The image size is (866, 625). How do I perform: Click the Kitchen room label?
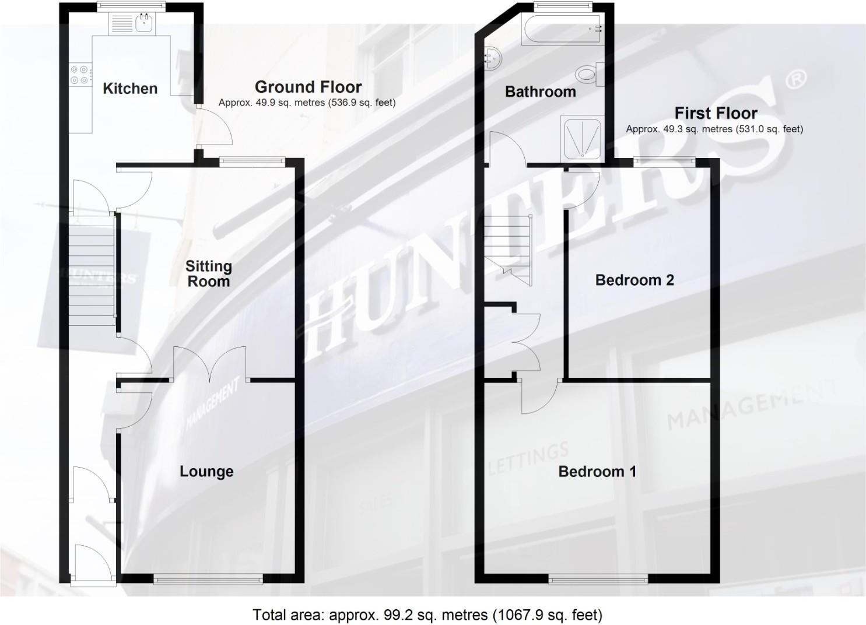[130, 89]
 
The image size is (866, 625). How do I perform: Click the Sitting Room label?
[208, 274]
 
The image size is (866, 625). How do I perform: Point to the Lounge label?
[206, 471]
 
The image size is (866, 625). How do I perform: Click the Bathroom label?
[540, 92]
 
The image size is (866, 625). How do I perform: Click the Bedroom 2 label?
[634, 280]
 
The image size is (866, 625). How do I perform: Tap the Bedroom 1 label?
[597, 471]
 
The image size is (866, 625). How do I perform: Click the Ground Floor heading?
[308, 87]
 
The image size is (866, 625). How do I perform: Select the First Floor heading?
[716, 113]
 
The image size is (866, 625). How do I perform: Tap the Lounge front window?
[208, 578]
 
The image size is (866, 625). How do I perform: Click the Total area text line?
[427, 615]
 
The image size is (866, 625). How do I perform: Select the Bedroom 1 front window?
[598, 579]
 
